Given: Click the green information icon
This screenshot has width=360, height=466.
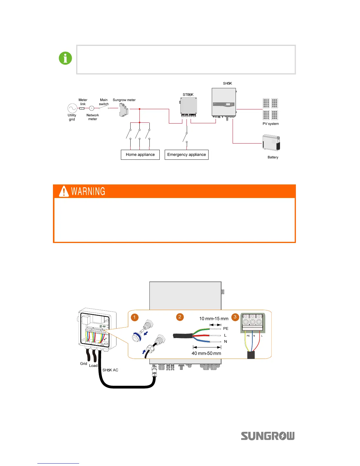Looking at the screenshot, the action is tap(65, 58).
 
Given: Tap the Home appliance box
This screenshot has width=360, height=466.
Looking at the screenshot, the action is tap(140, 155).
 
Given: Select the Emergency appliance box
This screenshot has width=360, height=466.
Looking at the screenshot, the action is tap(186, 155).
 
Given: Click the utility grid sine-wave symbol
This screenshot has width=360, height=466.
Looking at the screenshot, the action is tap(72, 108).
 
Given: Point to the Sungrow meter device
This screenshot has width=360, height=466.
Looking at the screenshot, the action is tap(124, 111).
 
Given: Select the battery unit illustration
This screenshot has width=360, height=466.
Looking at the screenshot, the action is tap(271, 143).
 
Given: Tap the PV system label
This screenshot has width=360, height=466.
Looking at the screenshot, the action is tap(271, 124).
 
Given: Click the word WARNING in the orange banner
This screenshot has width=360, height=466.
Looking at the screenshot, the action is tap(88, 192).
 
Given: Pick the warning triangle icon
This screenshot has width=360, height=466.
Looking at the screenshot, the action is tap(64, 191).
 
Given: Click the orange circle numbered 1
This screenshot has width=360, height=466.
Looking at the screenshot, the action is tap(134, 317).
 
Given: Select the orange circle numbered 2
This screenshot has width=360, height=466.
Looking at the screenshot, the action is tap(180, 317).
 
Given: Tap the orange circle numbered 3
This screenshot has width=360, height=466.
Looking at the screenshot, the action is tap(235, 317).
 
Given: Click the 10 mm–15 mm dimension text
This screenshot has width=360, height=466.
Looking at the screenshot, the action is tap(214, 319).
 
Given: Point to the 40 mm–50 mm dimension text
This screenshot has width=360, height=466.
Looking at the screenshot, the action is tap(206, 353).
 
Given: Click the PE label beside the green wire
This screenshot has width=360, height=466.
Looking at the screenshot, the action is tap(226, 329).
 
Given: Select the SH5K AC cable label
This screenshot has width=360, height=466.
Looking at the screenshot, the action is tap(110, 370).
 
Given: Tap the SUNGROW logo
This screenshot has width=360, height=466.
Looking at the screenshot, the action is tap(268, 436).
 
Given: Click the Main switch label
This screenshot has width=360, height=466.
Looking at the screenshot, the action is tap(104, 102).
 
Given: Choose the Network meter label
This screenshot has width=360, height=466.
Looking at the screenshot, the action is tap(93, 117).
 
